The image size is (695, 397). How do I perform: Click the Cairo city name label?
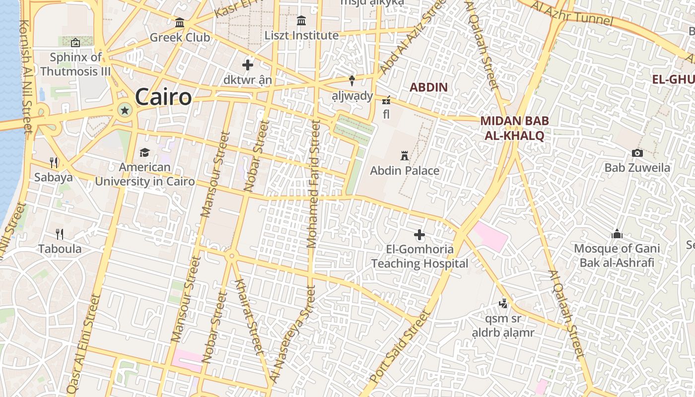tap(163, 97)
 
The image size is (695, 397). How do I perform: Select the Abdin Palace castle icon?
tap(405, 156)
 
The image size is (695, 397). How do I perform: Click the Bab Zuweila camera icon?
tap(637, 153)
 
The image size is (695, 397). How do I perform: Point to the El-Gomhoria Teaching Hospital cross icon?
tap(419, 234)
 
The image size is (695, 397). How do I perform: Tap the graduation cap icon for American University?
tap(144, 152)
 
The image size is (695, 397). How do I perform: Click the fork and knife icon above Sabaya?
tap(54, 162)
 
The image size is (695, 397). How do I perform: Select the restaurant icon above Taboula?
tap(60, 234)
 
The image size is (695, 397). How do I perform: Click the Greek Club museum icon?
tap(180, 23)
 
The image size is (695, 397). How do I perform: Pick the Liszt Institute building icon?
tap(301, 21)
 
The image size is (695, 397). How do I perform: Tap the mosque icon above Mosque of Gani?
tap(617, 234)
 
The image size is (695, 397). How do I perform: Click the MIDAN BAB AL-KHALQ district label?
tap(512, 128)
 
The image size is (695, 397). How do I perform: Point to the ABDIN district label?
tap(428, 87)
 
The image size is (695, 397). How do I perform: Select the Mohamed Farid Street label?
tap(313, 184)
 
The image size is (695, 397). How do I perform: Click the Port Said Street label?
tap(399, 347)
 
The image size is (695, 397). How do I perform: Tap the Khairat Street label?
tap(247, 316)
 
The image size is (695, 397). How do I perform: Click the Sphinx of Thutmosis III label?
tap(75, 64)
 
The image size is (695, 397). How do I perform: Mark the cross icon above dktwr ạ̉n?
tap(247, 65)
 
